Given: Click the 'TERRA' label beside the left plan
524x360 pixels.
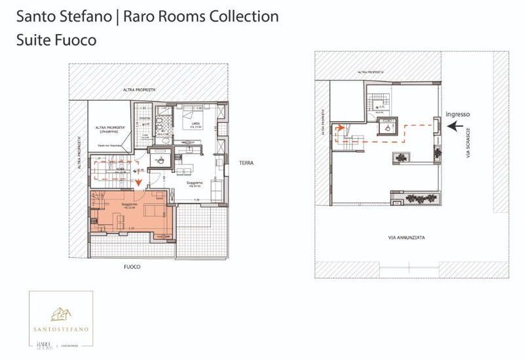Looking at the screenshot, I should click(x=246, y=162).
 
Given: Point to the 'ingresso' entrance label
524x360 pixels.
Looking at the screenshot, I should click(x=457, y=114).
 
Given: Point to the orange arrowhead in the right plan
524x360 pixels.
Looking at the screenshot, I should click(x=339, y=128).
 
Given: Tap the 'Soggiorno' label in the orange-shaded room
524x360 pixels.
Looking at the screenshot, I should click(x=128, y=205).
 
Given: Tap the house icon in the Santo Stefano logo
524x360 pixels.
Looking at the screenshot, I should click(x=60, y=313).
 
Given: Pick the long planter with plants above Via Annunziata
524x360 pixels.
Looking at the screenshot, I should click(x=414, y=197).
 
